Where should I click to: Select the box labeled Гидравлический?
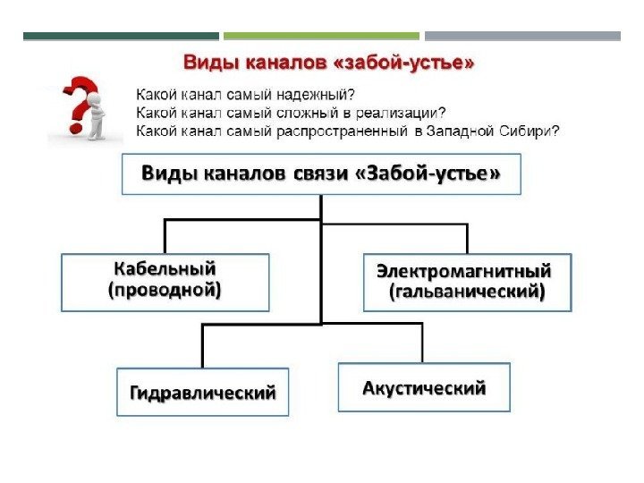(203, 392)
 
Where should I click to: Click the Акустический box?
(424, 387)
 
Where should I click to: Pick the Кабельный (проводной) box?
(165, 281)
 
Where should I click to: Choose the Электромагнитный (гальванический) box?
(467, 281)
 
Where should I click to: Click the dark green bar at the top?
(120, 37)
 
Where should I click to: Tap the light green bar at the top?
(321, 37)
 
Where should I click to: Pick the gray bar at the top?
(522, 37)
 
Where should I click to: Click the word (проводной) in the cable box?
(165, 291)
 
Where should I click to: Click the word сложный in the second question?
(297, 112)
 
